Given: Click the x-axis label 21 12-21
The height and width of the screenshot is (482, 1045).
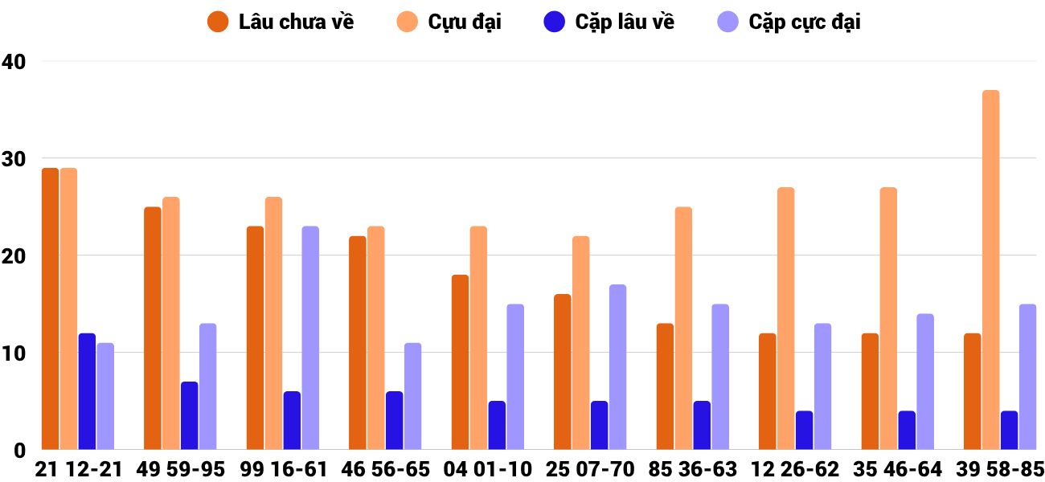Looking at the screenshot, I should click(78, 469).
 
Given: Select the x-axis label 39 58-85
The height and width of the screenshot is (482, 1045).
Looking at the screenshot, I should click(999, 469).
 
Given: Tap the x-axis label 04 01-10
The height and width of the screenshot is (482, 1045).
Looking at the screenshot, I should click(487, 469).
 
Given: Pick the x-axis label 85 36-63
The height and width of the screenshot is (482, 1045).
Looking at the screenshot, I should click(692, 469).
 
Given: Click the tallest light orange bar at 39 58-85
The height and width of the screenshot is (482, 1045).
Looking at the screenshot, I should click(990, 270).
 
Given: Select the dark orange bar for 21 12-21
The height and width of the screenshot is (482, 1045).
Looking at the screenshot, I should click(51, 308).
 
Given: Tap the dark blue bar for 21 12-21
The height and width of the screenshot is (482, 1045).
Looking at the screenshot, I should click(87, 391).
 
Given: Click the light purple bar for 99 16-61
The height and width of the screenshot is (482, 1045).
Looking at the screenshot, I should click(310, 337).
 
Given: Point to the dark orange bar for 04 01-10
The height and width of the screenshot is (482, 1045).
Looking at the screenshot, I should click(460, 362).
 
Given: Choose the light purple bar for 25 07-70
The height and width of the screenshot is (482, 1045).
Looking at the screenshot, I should click(617, 367).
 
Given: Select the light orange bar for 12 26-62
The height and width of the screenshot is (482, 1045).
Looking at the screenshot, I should click(785, 318).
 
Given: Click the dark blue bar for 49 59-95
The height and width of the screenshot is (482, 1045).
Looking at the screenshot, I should click(190, 415).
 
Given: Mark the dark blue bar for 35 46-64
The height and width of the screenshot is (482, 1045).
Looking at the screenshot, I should click(907, 430).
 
